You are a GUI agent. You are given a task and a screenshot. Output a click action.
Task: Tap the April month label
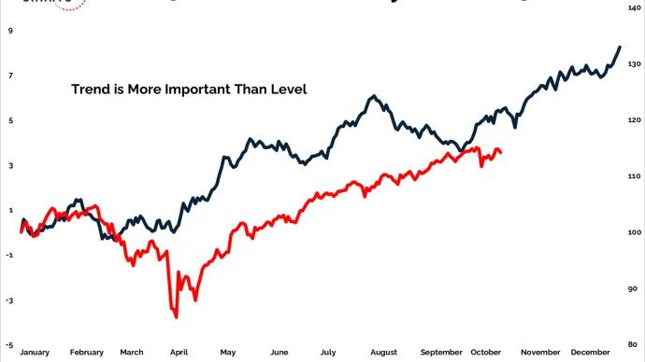(x=178, y=353)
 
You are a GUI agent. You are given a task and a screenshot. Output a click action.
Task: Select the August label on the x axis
(x=383, y=353)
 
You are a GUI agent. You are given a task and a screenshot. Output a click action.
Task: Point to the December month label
(x=592, y=353)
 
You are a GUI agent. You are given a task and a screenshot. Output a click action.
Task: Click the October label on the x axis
(x=486, y=353)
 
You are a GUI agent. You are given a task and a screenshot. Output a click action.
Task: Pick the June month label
(x=279, y=353)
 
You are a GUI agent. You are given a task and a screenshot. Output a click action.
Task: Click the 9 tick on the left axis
(x=10, y=30)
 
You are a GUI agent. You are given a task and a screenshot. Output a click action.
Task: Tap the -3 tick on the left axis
(x=9, y=300)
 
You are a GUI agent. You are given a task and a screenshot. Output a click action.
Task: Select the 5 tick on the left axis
(x=10, y=120)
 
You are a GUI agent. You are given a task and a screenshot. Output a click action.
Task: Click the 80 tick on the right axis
(x=634, y=345)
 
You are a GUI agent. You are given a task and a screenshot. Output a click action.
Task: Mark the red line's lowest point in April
(x=176, y=317)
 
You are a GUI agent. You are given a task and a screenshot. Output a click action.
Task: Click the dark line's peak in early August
(x=373, y=96)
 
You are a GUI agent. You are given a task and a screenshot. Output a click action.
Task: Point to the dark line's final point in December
(x=619, y=47)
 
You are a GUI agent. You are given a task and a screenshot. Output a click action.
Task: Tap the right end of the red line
(x=501, y=152)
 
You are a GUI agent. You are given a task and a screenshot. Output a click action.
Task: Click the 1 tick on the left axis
(x=10, y=210)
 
